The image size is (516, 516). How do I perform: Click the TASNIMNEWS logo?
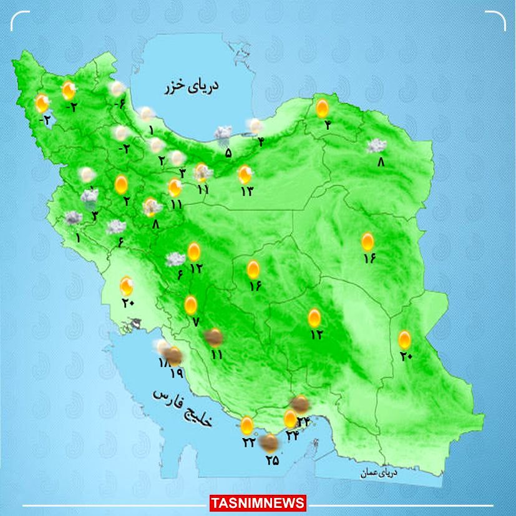258,503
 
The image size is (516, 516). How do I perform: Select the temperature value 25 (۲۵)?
272,460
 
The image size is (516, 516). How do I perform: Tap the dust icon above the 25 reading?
270,444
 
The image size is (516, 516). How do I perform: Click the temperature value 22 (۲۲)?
249,442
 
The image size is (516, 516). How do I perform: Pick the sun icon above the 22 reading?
247,426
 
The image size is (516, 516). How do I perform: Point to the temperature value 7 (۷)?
195,322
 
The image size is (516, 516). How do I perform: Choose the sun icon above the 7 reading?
191,305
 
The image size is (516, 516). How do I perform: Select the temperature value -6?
120,104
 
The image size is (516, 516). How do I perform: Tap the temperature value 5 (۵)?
228,152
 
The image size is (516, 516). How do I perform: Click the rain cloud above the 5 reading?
223,133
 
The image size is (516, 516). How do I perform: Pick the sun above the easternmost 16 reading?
368,241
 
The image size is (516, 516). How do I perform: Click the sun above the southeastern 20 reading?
405,339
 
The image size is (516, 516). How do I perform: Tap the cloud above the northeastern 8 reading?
376,146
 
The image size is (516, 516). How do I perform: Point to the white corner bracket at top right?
497,20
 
